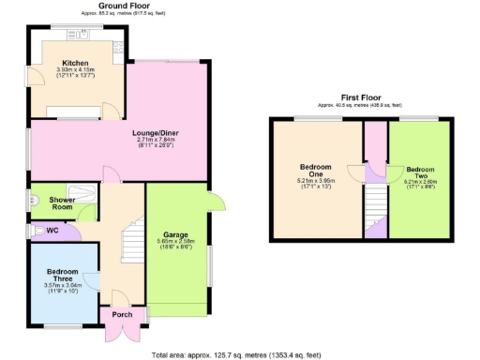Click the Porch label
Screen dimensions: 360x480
coord(123,314)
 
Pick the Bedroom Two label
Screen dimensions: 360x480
coord(419,173)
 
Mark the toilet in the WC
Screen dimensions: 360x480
coord(38,229)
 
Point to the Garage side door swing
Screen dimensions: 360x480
coord(216,201)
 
